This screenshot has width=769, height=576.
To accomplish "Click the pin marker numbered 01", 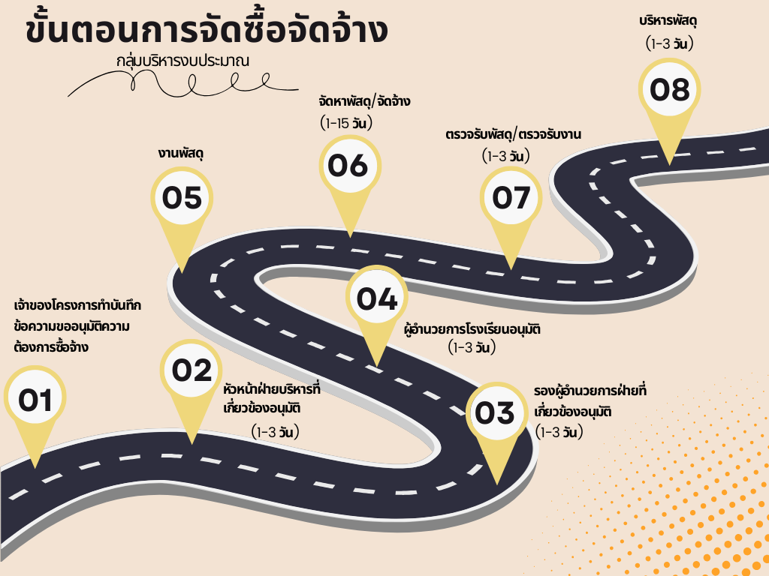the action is point(35,402).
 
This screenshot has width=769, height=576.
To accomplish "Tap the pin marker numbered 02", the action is point(191,372).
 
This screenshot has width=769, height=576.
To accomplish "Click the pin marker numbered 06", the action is point(350,166).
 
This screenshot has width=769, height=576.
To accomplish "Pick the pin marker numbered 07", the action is point(511,198).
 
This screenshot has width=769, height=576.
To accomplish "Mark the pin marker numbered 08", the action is point(669,91).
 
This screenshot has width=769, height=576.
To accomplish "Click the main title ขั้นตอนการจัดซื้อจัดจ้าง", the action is point(207,30).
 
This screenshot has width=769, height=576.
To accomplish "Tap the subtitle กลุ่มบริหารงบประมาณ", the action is point(183,61).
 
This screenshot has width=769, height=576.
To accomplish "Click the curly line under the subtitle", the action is point(182,83).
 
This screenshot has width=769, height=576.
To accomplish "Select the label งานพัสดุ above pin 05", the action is point(181,153).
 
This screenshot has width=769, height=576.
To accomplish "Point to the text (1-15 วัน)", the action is point(346,123).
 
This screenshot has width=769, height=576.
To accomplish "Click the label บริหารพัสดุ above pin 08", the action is point(668,22).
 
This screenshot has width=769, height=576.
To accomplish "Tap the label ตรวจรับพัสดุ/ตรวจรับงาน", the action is point(514,134).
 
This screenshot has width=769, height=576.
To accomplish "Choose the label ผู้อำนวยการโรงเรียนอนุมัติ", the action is point(472,328).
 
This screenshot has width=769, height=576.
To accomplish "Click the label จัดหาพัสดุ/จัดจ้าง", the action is point(364,101).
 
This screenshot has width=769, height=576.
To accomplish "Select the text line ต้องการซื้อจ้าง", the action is point(51,347).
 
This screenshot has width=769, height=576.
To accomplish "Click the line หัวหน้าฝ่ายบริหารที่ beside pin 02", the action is point(272,389).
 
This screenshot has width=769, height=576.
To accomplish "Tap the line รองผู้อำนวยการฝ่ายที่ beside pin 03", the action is point(590,390).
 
